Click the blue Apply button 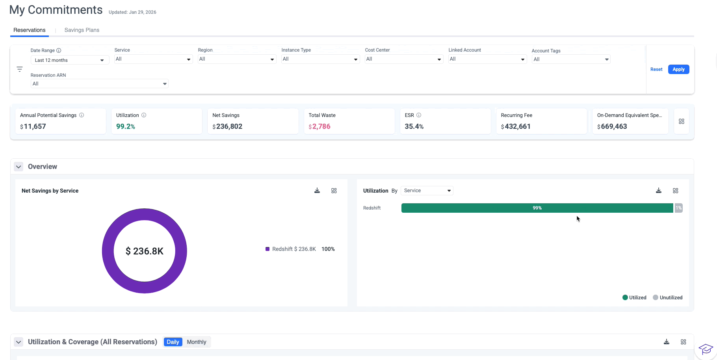678,69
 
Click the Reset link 656,69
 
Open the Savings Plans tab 82,30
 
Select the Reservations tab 30,30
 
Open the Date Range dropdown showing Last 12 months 70,60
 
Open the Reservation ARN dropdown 99,84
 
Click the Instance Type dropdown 320,59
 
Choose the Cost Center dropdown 404,59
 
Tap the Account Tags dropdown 571,59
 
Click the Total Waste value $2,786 319,126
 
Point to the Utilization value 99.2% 126,126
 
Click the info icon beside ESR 419,115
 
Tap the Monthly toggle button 196,342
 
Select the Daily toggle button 173,342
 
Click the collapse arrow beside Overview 19,167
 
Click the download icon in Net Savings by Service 317,191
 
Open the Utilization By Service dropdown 427,191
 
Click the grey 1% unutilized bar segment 678,208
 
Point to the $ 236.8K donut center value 145,251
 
